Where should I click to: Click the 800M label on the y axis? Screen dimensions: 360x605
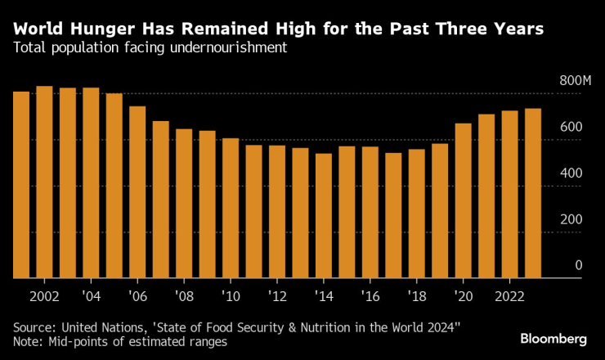(x=575, y=81)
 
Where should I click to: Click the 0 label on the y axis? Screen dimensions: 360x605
(x=578, y=265)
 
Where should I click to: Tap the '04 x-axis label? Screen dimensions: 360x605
(x=91, y=295)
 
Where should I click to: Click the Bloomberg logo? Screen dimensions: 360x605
(x=553, y=338)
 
